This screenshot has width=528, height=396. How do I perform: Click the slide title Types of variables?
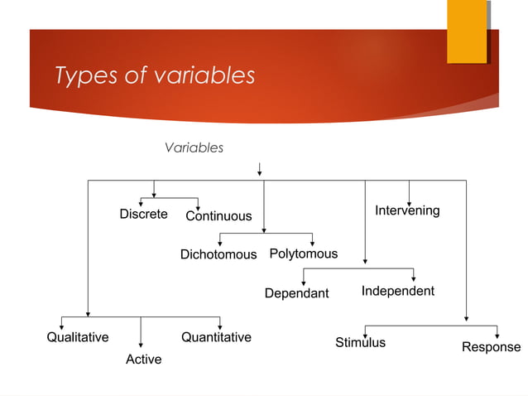coord(155,76)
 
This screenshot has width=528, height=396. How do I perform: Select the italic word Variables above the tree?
coord(194,147)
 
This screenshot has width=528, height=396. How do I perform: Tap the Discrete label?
coord(143,214)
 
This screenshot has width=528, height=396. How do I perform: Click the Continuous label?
coord(218,216)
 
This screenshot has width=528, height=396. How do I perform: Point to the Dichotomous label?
coord(218,254)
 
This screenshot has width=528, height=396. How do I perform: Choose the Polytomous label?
coord(304,254)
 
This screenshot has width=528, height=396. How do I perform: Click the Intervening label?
coord(407,210)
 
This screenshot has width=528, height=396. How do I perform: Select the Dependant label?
coord(296,293)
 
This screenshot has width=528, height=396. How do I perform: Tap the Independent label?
coord(397,292)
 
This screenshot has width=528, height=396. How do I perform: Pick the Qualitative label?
coord(77,337)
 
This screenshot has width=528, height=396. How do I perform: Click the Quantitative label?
coord(216,337)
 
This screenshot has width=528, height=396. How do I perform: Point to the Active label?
coord(143,360)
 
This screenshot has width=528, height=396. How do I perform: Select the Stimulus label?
coord(360,342)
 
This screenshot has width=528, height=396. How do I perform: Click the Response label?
coord(491,347)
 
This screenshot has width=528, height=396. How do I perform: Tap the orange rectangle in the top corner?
coord(467,31)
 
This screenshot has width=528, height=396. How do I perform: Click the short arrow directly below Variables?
coord(260,169)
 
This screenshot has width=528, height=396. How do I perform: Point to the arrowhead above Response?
coord(497,335)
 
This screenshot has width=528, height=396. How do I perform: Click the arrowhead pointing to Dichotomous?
coord(219,242)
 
